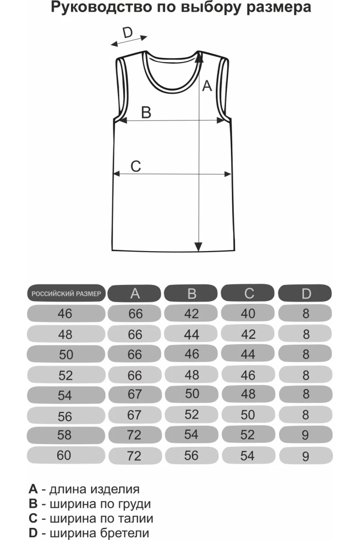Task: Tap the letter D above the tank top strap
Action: [128, 32]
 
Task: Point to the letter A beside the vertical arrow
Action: [207, 85]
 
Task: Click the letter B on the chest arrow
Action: [146, 112]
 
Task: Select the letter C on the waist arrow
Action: [135, 166]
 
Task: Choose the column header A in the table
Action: [135, 294]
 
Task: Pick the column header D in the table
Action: [306, 294]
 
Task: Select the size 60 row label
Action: [64, 455]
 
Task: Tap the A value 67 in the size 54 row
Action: [135, 395]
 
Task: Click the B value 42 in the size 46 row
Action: [192, 314]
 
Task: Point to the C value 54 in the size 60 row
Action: [248, 455]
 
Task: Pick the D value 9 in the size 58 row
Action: [306, 435]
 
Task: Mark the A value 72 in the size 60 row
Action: [135, 456]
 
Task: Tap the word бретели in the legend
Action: [130, 533]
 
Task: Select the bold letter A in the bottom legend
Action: [32, 489]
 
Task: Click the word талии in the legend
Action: [136, 518]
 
